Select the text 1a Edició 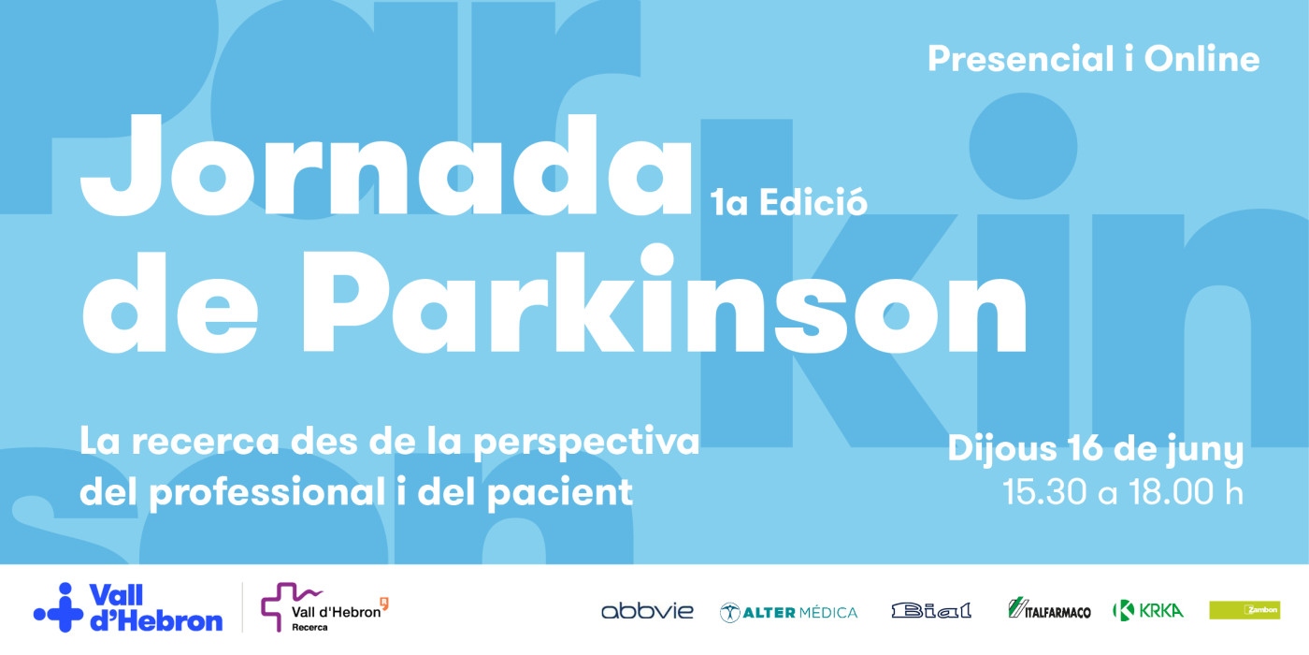788,203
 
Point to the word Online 1201,60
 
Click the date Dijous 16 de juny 1095,449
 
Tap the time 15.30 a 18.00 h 1122,492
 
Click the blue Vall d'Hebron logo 128,607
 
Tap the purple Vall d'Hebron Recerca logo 324,607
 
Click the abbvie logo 647,611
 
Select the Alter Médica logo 788,612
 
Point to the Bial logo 931,611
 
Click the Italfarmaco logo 1049,609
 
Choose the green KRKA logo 1147,610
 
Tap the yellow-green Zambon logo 1244,610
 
